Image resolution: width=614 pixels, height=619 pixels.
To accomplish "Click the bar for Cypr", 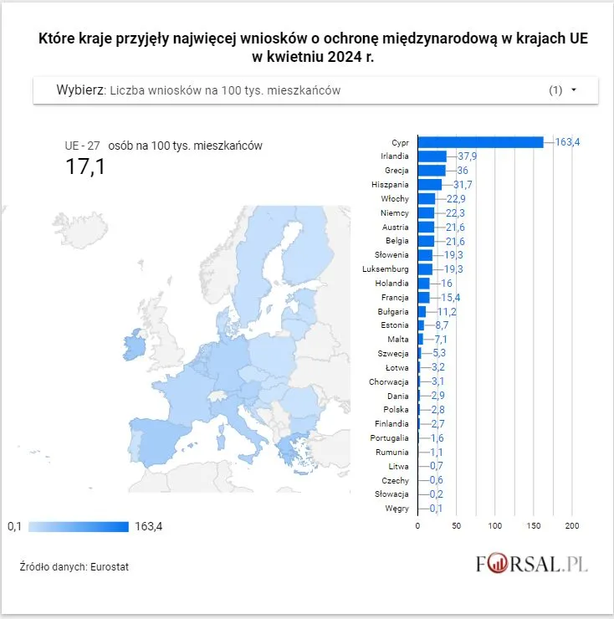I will (x=480, y=142).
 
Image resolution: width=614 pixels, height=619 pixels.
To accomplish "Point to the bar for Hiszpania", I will (x=429, y=185).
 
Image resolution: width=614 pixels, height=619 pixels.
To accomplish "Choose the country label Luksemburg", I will (x=385, y=269).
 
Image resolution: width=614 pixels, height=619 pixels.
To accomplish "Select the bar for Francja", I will (x=423, y=298).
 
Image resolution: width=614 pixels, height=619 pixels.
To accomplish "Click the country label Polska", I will (x=395, y=410).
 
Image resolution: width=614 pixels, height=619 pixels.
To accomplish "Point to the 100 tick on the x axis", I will (x=494, y=526).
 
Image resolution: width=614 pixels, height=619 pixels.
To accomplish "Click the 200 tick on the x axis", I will (x=572, y=526).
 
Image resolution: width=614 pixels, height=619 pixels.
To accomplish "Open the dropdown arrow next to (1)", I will (x=574, y=90).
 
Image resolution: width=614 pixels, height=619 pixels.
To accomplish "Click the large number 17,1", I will (x=85, y=167).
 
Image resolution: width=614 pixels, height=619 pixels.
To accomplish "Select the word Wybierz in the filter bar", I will (x=79, y=90).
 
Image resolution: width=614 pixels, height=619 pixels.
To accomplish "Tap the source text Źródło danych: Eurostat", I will (x=74, y=567).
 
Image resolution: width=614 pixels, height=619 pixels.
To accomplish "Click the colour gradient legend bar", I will (x=78, y=526).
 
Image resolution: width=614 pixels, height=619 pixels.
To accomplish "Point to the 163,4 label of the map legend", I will (x=148, y=526).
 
